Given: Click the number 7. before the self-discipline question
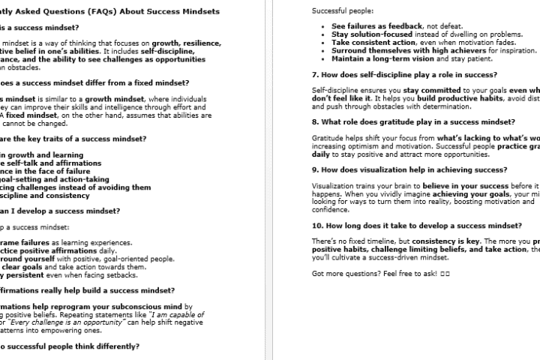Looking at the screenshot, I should (x=314, y=76).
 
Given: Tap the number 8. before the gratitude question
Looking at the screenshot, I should (x=314, y=121).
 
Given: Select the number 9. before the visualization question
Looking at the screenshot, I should (x=314, y=169).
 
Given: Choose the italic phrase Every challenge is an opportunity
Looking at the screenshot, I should (x=53, y=322).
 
